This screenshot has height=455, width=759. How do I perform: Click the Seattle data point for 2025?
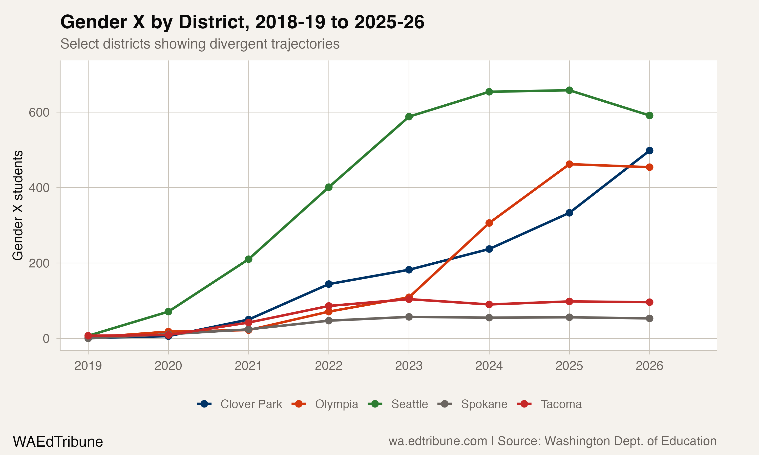pyautogui.click(x=569, y=90)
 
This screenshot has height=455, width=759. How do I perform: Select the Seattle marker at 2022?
pyautogui.click(x=329, y=187)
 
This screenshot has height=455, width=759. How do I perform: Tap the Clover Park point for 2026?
pyautogui.click(x=649, y=151)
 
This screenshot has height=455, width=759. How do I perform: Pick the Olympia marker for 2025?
pyautogui.click(x=569, y=164)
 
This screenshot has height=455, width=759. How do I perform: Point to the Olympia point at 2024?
pyautogui.click(x=489, y=223)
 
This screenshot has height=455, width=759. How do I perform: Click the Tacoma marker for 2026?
pyautogui.click(x=649, y=302)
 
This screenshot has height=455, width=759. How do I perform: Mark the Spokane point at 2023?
pyautogui.click(x=409, y=317)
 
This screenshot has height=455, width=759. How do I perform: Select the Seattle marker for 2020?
pyautogui.click(x=168, y=311)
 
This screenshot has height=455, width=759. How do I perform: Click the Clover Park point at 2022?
pyautogui.click(x=329, y=284)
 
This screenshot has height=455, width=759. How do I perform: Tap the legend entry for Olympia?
pyautogui.click(x=336, y=404)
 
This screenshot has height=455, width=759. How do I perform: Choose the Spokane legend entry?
pyautogui.click(x=484, y=404)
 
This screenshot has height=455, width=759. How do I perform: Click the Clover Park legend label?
pyautogui.click(x=251, y=404)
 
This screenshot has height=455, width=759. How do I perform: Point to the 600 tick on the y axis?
pyautogui.click(x=39, y=112)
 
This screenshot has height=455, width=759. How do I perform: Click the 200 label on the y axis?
pyautogui.click(x=39, y=263)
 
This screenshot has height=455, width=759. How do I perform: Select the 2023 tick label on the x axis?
pyautogui.click(x=409, y=366)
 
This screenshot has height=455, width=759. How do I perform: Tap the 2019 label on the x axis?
pyautogui.click(x=88, y=366)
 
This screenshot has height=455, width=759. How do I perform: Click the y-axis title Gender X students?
pyautogui.click(x=18, y=206)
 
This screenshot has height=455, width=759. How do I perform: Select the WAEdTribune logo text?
pyautogui.click(x=58, y=442)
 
